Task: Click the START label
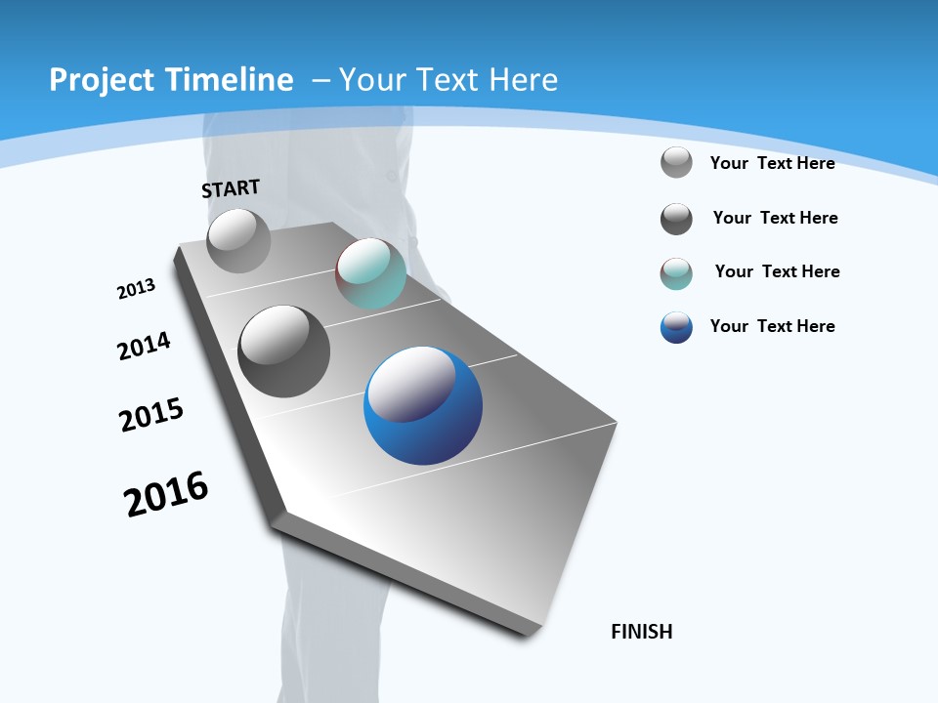point(231,188)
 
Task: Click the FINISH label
point(641,632)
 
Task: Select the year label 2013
point(136,289)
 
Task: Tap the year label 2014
point(144,346)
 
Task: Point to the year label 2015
point(151,415)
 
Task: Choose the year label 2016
point(166,494)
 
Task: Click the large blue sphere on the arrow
point(423,405)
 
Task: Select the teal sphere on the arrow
point(370,274)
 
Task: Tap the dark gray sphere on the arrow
point(283,351)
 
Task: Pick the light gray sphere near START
point(238,241)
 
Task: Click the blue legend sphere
point(676,327)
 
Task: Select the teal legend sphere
point(676,273)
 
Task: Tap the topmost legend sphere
point(676,162)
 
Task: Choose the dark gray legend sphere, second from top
point(676,219)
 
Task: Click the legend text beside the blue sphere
point(772,326)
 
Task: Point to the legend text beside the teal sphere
point(777,271)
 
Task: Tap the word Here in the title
point(523,80)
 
